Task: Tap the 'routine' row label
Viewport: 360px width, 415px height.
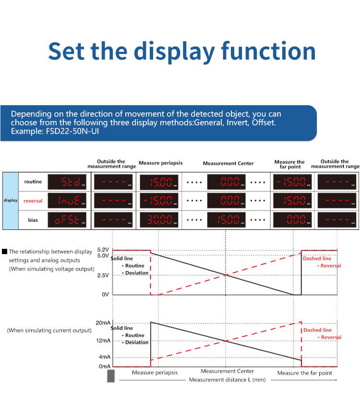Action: [x=33, y=182]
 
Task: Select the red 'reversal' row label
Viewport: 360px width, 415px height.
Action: [x=33, y=201]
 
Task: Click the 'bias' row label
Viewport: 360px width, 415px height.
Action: [x=33, y=220]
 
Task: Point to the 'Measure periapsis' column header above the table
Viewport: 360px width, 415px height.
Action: [x=160, y=163]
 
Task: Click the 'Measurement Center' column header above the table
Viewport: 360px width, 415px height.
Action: [x=228, y=163]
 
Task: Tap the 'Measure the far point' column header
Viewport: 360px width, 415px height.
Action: [x=289, y=164]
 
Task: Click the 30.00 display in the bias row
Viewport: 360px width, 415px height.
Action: [x=160, y=220]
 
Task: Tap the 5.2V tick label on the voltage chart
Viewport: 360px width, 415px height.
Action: [x=103, y=250]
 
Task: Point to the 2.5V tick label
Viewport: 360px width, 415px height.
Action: [x=103, y=275]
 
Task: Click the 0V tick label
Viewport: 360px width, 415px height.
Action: [x=105, y=294]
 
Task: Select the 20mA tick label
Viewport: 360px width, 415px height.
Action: [x=103, y=322]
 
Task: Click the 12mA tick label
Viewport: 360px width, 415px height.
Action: [x=103, y=341]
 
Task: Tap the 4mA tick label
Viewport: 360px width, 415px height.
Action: [x=104, y=357]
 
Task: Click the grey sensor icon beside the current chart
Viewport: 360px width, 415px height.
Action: [x=111, y=376]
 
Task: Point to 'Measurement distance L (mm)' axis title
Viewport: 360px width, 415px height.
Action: [x=227, y=380]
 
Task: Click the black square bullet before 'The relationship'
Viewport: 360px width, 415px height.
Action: [x=5, y=251]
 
